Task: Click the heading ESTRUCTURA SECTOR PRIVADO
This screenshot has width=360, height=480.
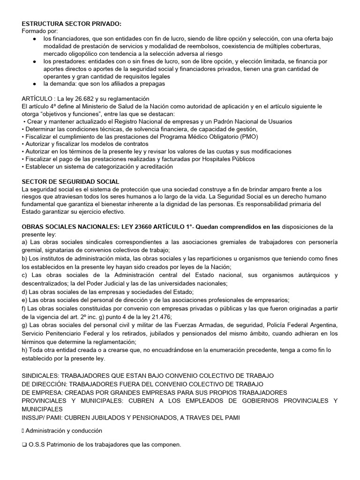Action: pyautogui.click(x=65, y=23)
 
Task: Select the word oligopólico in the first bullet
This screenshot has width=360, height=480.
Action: pyautogui.click(x=82, y=54)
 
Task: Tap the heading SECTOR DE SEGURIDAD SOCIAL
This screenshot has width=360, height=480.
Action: pyautogui.click(x=71, y=181)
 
